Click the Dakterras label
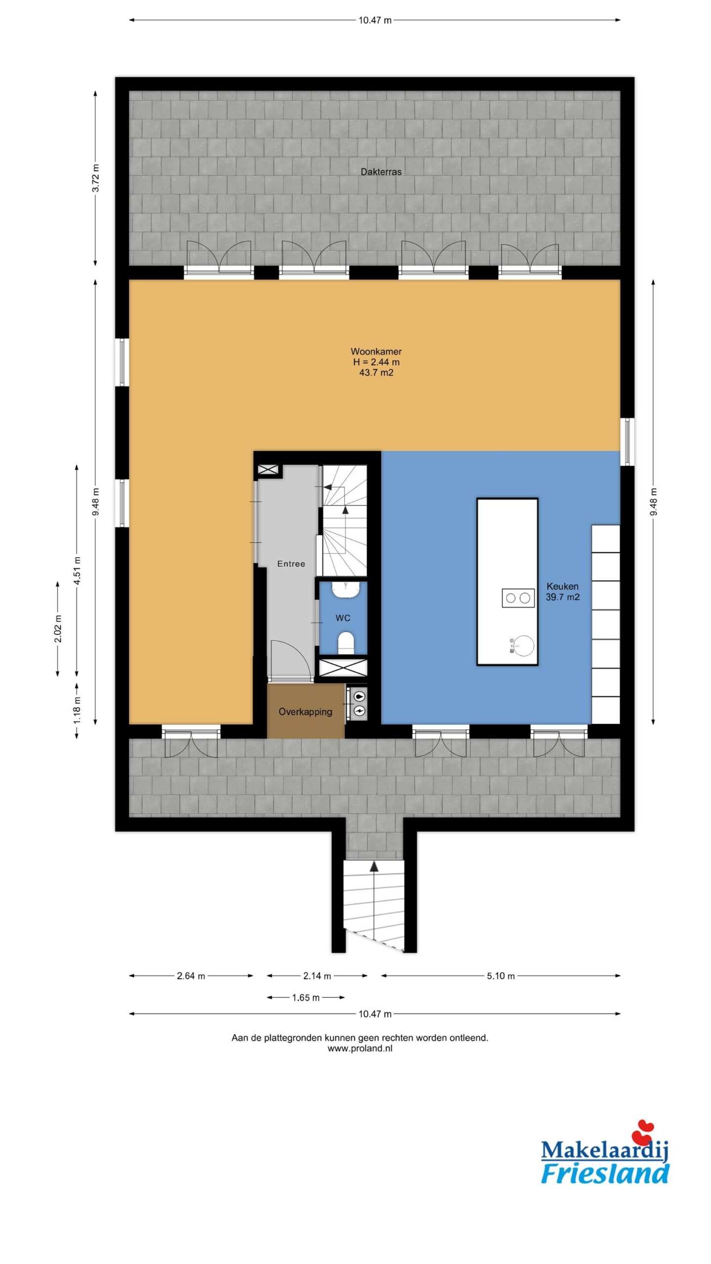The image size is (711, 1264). (381, 172)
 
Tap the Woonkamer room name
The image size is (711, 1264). (376, 352)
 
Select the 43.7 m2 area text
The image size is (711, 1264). (376, 373)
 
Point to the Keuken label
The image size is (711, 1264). (562, 587)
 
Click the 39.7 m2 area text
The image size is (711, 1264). (562, 597)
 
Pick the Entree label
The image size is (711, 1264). (291, 564)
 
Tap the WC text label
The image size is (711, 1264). (343, 618)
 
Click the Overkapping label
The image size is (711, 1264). (305, 711)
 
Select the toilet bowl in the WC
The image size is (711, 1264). (346, 644)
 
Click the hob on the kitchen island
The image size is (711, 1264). (518, 598)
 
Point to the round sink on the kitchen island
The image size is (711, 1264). (523, 645)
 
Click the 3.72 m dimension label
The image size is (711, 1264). (96, 178)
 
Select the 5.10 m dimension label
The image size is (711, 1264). (501, 976)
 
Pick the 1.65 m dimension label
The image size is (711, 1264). (306, 997)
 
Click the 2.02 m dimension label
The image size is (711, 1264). (58, 629)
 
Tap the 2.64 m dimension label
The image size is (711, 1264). (191, 976)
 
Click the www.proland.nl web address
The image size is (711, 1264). (360, 1049)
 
